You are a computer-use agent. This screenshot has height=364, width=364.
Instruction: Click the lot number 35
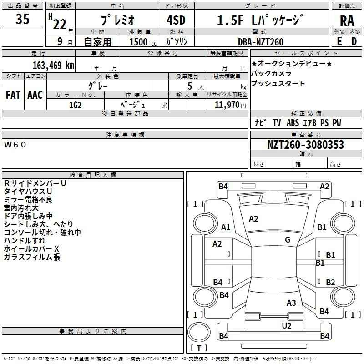tap(22, 19)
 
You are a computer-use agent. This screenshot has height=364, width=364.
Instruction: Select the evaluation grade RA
tap(347, 21)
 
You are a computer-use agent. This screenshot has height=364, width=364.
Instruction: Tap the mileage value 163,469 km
tap(53, 66)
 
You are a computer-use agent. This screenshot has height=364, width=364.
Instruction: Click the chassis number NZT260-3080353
tap(305, 145)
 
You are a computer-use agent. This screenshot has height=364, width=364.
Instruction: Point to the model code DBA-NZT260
tap(261, 42)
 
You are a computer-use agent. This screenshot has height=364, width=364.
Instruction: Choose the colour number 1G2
tap(75, 105)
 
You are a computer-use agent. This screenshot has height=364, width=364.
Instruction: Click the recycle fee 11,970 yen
tap(230, 105)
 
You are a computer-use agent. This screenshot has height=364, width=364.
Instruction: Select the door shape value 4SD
tap(176, 20)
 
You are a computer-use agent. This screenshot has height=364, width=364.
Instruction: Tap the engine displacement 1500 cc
tap(143, 42)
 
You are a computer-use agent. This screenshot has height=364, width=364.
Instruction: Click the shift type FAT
tap(13, 95)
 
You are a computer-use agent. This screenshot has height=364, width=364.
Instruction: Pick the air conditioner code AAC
tap(35, 95)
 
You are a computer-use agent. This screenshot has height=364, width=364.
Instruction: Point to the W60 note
tap(15, 145)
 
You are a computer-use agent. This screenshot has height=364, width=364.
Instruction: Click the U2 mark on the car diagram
tap(287, 326)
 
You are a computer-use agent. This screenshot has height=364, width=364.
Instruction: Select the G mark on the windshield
tap(288, 240)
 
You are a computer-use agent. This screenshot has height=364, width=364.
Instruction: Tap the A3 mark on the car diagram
tap(291, 303)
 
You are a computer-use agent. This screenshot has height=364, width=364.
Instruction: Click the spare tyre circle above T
tap(199, 332)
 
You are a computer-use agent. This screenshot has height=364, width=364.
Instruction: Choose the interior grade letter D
tap(354, 41)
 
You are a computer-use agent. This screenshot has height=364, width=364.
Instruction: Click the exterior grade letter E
tap(339, 41)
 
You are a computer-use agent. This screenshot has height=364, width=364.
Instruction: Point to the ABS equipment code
tap(293, 123)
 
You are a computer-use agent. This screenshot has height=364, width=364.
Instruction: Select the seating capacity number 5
tap(190, 86)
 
